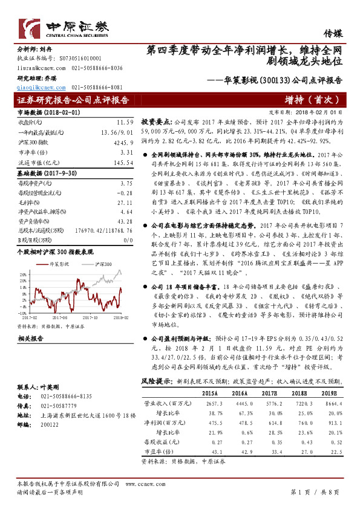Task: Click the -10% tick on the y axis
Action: (22, 313)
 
